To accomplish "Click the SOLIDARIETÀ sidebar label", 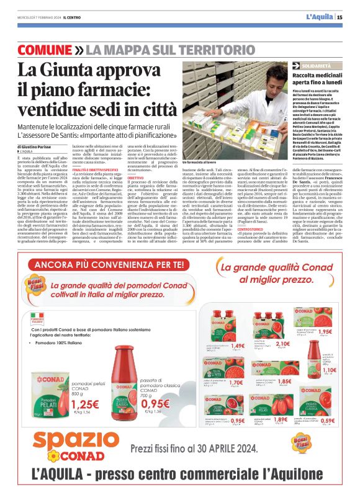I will point(318,65).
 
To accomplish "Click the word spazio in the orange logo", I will point(70,442).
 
